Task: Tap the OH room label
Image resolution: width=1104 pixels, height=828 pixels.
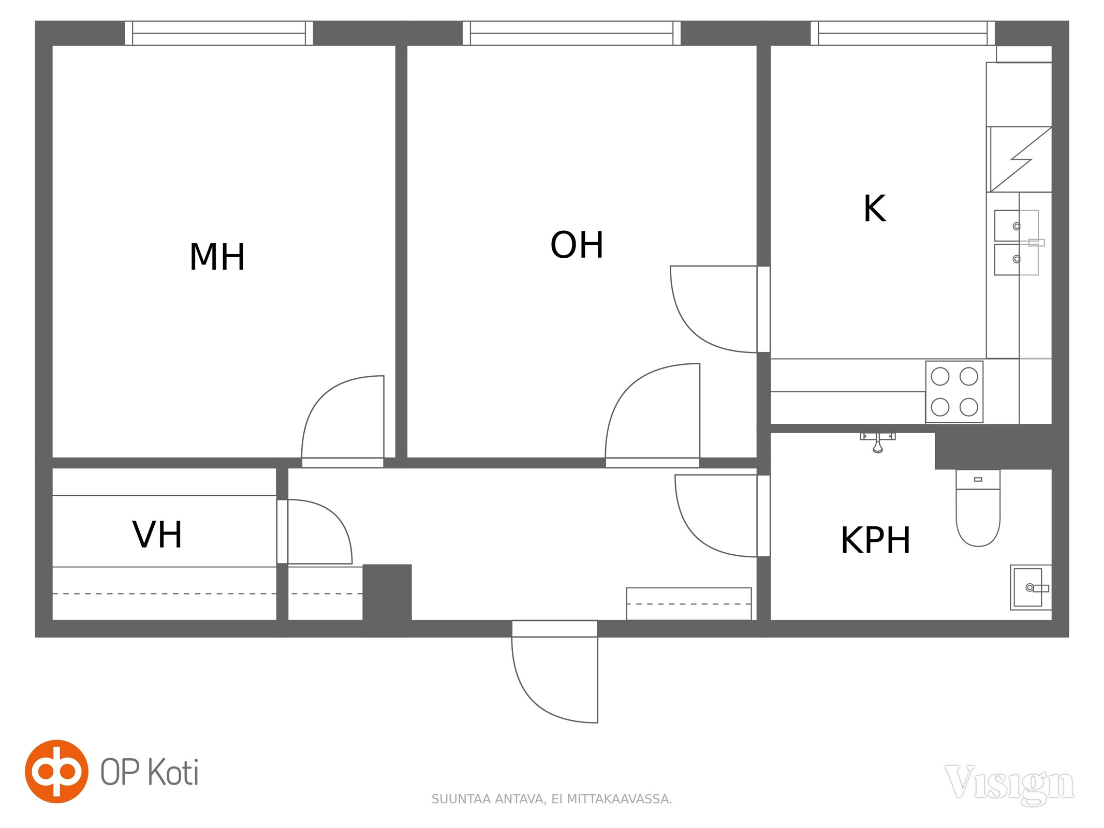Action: (x=577, y=245)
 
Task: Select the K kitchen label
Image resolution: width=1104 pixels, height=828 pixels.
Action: (x=875, y=209)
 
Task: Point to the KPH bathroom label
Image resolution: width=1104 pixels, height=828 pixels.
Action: (x=875, y=540)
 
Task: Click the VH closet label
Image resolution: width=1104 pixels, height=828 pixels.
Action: (x=157, y=535)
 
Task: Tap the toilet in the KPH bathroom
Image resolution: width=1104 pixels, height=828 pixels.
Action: (x=978, y=508)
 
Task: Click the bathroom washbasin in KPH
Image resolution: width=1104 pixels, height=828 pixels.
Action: (x=1031, y=587)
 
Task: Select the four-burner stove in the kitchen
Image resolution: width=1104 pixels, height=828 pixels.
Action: (x=954, y=392)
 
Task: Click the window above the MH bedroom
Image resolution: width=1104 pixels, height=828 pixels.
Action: (x=219, y=33)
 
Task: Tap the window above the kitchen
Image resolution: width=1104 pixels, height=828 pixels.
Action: (x=903, y=33)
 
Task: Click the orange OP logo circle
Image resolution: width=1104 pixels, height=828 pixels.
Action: (x=57, y=772)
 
